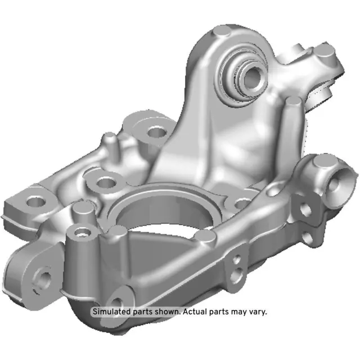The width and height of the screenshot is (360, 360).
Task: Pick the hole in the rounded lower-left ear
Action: (43, 277)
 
